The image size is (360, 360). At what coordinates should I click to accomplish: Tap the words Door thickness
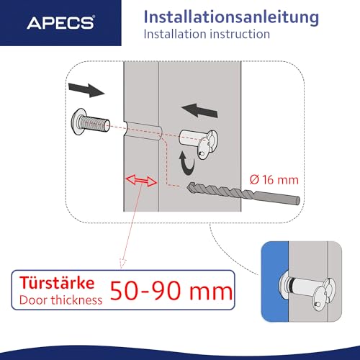pyautogui.click(x=60, y=300)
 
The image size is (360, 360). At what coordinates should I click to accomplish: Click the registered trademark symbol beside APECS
pyautogui.click(x=93, y=17)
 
